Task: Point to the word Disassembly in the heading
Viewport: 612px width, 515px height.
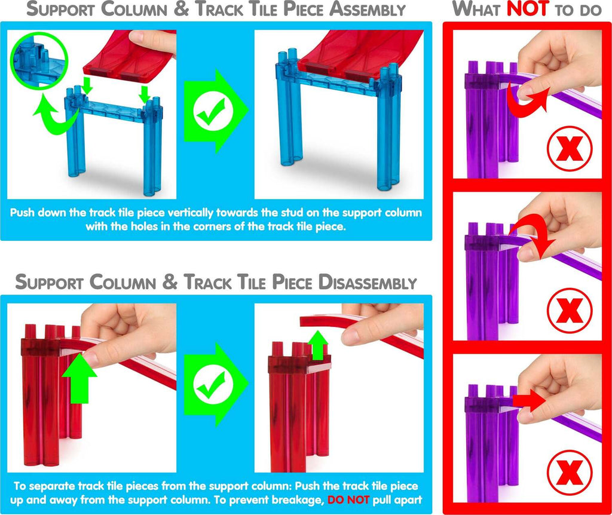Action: point(365,283)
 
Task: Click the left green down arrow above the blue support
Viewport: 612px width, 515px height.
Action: point(87,86)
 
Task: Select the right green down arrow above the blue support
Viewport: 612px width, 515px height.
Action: point(143,93)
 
